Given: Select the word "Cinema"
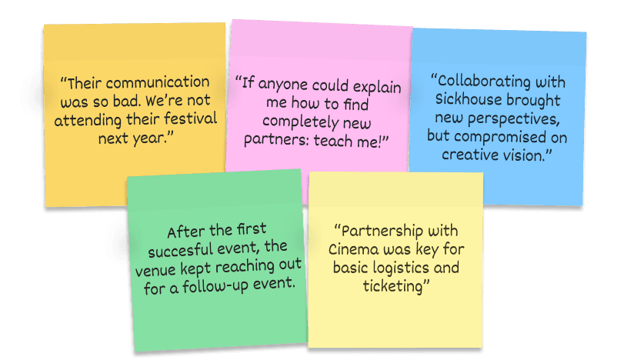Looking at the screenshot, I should click(353, 250).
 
